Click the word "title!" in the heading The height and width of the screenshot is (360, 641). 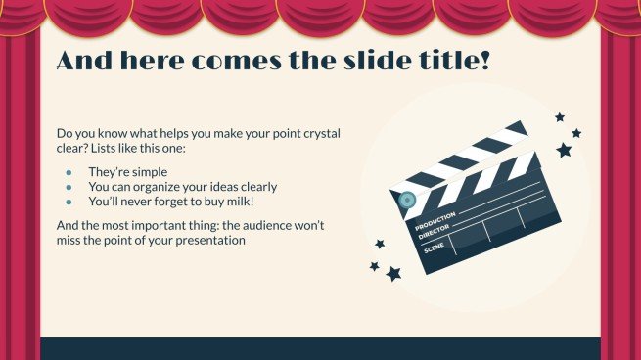click(445, 60)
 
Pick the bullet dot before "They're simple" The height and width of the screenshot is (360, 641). click(69, 172)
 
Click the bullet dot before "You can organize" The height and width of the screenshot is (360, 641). click(69, 187)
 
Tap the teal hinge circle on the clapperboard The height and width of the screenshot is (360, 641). click(408, 201)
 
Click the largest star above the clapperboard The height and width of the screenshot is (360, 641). click(564, 150)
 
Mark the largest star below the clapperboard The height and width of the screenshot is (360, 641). click(393, 274)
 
